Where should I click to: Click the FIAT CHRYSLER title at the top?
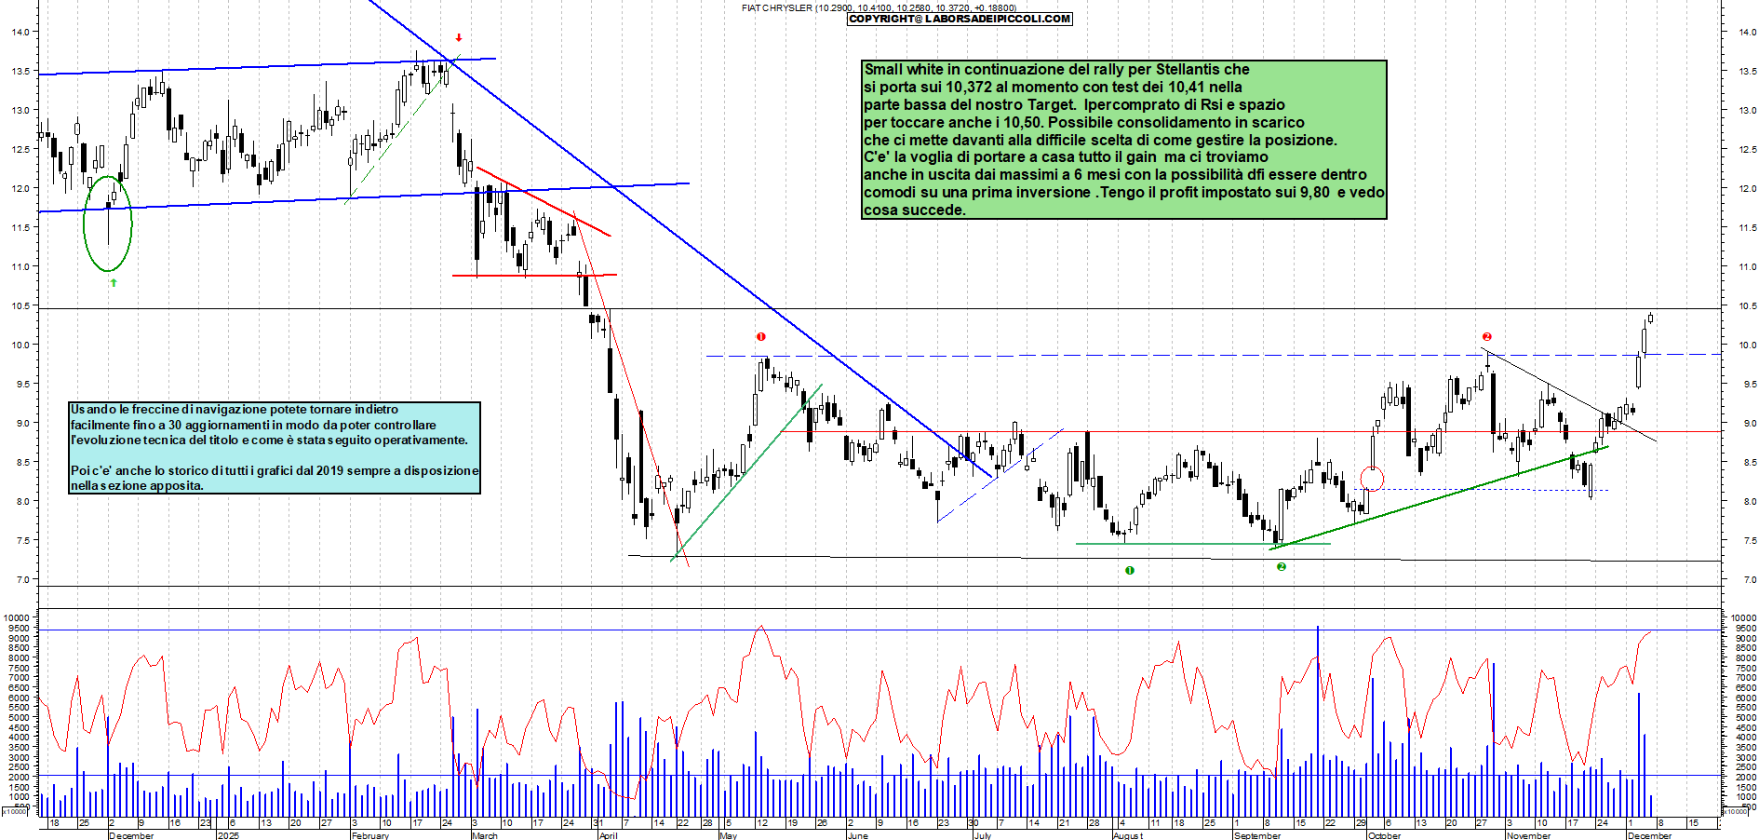(777, 7)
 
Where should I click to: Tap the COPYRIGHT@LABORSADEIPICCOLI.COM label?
(960, 19)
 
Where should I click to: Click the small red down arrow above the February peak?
(459, 38)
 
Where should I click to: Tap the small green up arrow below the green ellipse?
(114, 282)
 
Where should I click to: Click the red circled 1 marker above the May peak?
(761, 337)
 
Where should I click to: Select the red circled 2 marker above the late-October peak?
(1487, 337)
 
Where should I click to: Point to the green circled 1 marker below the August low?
(1130, 570)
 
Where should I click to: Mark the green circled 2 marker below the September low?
(1282, 566)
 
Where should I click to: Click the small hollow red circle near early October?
(1372, 479)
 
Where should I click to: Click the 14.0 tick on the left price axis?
(20, 32)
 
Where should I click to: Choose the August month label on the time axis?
(1128, 835)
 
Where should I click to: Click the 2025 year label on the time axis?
(228, 835)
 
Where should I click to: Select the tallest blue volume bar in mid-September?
(1318, 722)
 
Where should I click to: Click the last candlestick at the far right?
(1650, 318)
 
